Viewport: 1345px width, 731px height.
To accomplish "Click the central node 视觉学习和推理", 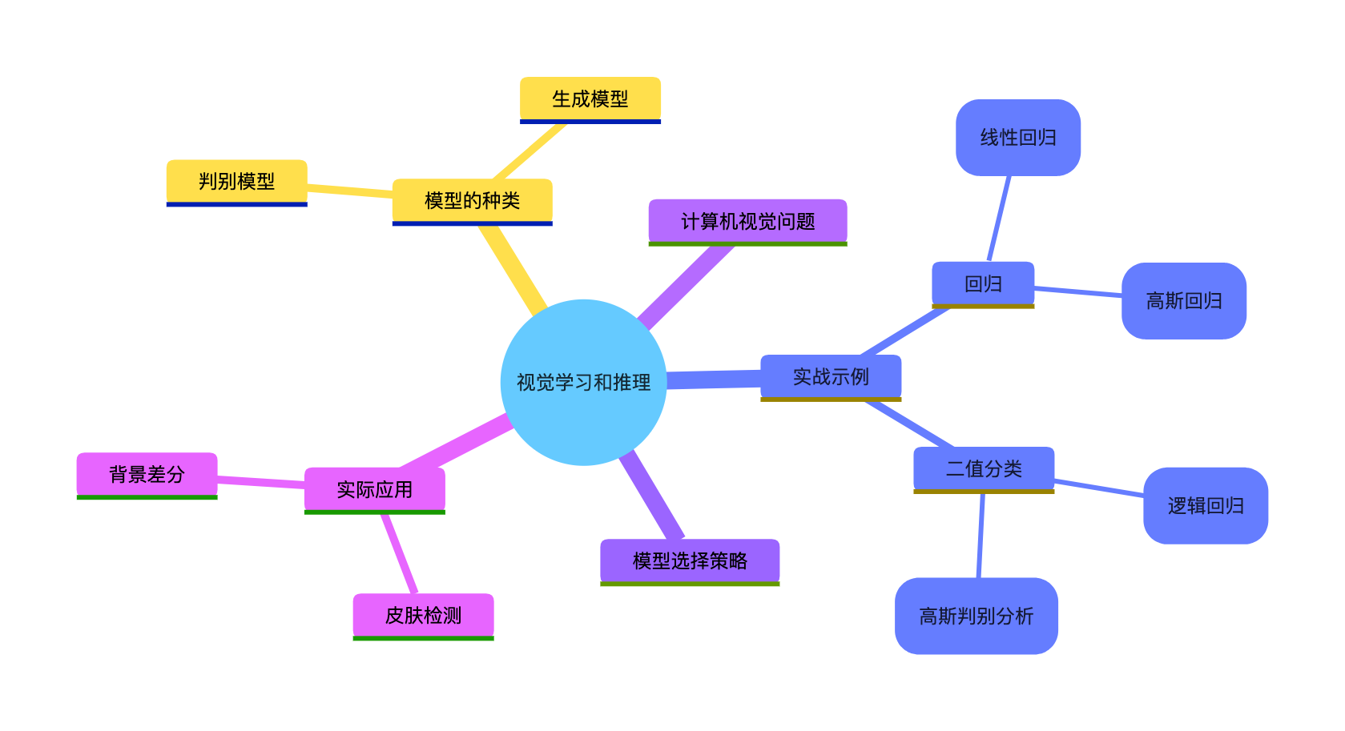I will pos(583,382).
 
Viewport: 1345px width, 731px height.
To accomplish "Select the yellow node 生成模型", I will pos(590,99).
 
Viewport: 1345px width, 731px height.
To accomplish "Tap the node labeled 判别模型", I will pos(236,182).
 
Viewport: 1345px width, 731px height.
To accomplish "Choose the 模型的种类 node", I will pos(472,201).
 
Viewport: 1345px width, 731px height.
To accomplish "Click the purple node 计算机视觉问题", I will pos(747,221).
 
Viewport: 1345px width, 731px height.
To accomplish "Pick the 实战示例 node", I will pos(831,376).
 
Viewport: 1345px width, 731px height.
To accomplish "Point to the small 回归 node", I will pos(983,283).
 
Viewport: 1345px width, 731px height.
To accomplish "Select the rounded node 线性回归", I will pos(1018,138).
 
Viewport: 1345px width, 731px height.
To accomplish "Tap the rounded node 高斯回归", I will pos(1184,301).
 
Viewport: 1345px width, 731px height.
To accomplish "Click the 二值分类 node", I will pos(984,468).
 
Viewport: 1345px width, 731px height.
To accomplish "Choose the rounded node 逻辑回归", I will pos(1206,506).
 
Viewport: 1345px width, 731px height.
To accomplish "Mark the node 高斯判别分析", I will pos(976,616).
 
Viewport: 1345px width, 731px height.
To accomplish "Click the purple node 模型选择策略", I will pos(690,560).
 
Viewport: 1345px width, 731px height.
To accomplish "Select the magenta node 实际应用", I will pos(374,489).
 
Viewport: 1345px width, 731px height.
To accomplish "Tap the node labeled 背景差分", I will pos(147,475).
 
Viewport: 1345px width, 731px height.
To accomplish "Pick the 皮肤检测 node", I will pos(423,615).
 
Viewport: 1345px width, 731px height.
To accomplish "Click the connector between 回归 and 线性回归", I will pos(999,218).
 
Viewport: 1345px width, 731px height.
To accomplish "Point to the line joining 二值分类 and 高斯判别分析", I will pos(981,535).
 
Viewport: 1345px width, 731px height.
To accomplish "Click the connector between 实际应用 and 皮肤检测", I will pos(399,553).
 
